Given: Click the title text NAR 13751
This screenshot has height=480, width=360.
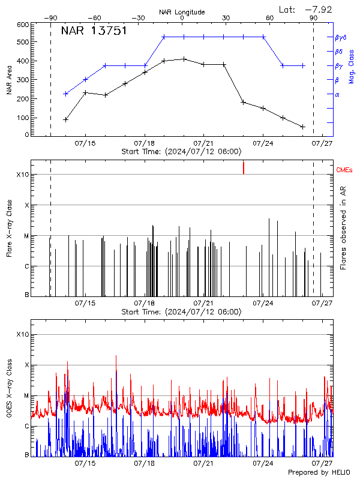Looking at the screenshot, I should coord(94,31).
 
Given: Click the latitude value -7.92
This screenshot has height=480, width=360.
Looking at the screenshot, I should coord(318,9).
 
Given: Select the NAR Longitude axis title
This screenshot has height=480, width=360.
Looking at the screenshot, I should coord(182,12).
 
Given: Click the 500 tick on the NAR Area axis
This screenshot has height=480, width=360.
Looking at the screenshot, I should coord(22,43).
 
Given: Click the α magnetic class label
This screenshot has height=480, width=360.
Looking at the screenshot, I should coord(337,94).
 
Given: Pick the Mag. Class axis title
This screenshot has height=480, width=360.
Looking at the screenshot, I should coord(352,65).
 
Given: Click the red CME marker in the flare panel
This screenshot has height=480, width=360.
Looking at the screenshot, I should coord(244,167).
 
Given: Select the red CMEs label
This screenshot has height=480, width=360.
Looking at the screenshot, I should coord(344,171).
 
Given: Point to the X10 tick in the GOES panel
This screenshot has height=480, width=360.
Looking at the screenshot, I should coord(22,334).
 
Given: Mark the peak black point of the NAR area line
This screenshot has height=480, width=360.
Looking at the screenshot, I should coord(184,59).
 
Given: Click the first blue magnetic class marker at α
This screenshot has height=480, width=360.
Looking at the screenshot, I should coord(65,94).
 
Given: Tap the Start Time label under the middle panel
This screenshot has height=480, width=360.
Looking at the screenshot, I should coord(181,311).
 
